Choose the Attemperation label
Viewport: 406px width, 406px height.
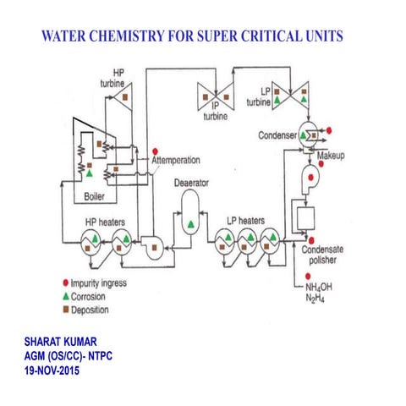(185, 159)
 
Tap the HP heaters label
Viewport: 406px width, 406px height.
(104, 222)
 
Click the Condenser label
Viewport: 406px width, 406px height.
(279, 136)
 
